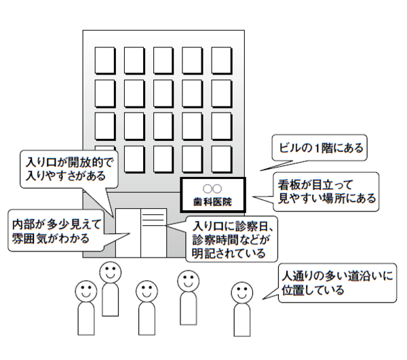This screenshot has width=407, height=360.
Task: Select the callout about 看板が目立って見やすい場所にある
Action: (326, 192)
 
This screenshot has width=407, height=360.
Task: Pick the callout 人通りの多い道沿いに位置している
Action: (338, 283)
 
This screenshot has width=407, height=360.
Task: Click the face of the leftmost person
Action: (85, 292)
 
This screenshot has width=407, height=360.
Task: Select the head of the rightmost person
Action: (241, 293)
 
